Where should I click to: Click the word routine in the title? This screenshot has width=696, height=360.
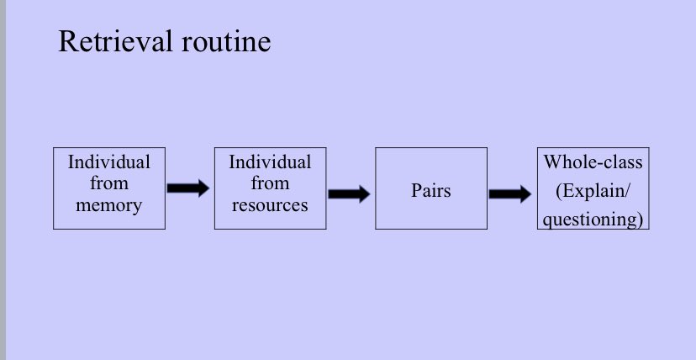coord(226,41)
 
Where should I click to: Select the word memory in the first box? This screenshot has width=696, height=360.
coord(108,205)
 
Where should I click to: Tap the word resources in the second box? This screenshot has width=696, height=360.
coord(270,205)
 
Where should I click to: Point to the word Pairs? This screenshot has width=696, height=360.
coord(431,190)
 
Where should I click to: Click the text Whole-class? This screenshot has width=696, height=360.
coord(593,161)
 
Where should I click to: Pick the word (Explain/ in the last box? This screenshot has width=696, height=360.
coord(593,191)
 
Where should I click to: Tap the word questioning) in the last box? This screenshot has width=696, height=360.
coord(593,220)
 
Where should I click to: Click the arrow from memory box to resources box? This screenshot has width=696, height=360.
coord(188,188)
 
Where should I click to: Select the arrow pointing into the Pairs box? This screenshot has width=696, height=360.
coord(349,194)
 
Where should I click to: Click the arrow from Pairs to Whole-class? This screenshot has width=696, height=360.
coord(510,194)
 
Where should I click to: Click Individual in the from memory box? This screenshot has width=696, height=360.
coord(108,161)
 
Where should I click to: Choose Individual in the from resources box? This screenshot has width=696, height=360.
coord(270,161)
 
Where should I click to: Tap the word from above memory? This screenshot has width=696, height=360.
coord(108,183)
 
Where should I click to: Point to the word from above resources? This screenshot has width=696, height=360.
coord(270,183)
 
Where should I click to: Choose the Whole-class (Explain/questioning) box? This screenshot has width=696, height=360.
coord(593,148)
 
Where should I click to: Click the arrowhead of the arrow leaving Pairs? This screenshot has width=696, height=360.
coord(525,194)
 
